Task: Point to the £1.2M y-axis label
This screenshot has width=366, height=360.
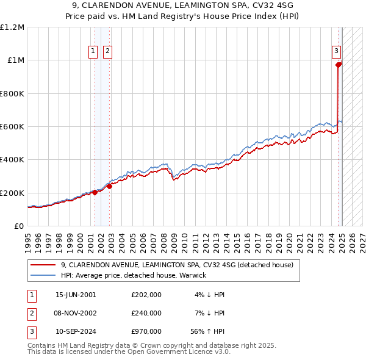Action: [x=13, y=27]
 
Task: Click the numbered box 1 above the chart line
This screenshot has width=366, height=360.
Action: [x=94, y=52]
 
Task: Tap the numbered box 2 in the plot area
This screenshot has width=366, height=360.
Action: [x=107, y=52]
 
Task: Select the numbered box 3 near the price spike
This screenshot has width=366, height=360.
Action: [x=336, y=51]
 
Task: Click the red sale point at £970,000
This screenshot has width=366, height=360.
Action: [x=339, y=64]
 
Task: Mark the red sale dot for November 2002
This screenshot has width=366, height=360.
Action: [x=109, y=187]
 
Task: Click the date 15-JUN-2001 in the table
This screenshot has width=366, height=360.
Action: [x=76, y=295]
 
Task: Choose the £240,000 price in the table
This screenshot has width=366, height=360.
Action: [x=146, y=313]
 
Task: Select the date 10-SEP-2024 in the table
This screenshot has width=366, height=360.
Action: [x=76, y=331]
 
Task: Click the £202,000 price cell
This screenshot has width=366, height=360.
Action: [x=146, y=295]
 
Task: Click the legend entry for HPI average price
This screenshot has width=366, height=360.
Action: [x=133, y=275]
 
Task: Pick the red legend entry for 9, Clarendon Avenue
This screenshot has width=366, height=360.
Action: [x=177, y=265]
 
